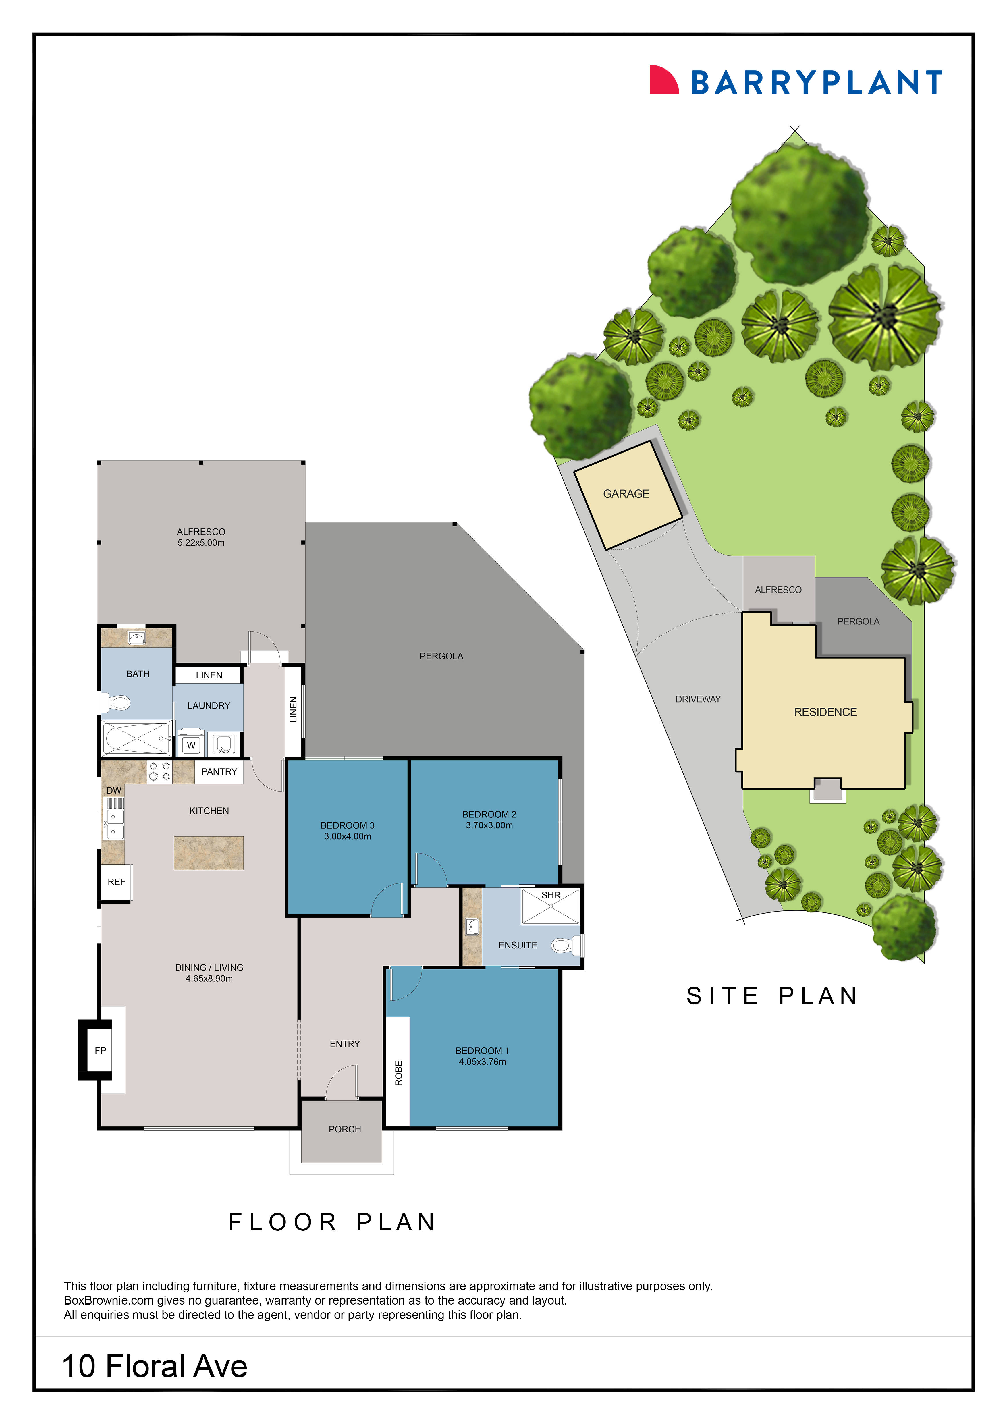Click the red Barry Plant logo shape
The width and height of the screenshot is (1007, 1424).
point(662,81)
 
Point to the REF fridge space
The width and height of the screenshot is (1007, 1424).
point(116,882)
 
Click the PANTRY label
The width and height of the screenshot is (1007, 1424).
point(219,771)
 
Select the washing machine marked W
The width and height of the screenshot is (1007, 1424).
point(191,745)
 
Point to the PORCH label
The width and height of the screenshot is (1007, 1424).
point(345,1129)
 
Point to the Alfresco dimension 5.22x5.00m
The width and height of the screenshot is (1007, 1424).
point(201,543)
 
